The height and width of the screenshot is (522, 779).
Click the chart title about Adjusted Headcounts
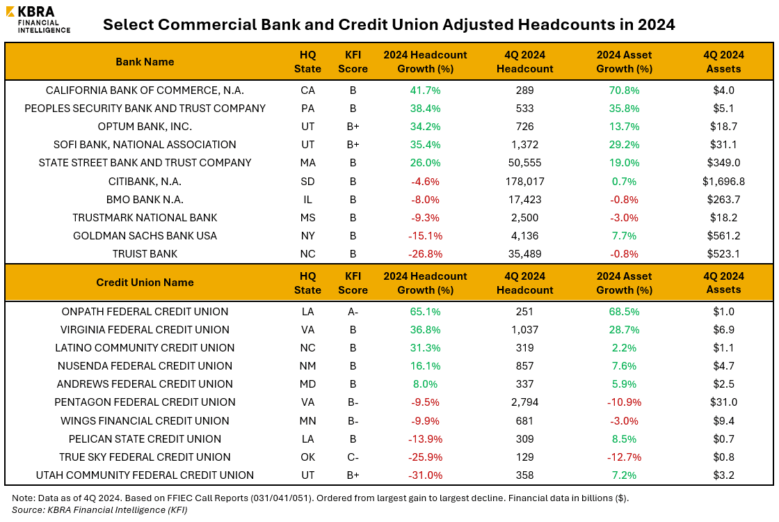(x=389, y=25)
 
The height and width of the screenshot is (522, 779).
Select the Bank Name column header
(x=145, y=62)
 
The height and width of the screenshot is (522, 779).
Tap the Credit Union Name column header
(x=145, y=283)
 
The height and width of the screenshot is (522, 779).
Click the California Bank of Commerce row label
(x=145, y=90)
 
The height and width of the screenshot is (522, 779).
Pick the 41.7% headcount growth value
(x=425, y=90)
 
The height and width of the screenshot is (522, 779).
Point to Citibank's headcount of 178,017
(x=525, y=181)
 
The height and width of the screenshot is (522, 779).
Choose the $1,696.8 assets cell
(x=723, y=181)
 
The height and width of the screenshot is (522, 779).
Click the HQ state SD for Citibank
(x=307, y=181)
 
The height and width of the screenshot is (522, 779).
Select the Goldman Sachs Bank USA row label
(x=145, y=236)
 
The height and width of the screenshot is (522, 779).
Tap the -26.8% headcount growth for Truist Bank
(x=425, y=254)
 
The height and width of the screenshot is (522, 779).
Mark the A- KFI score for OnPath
(x=353, y=312)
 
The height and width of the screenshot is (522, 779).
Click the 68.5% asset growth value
(x=624, y=312)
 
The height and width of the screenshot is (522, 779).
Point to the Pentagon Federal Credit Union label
(x=145, y=402)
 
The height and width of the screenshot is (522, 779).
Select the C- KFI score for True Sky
(x=353, y=457)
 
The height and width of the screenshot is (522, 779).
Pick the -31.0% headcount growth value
(x=425, y=475)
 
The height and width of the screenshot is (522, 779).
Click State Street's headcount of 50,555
(x=525, y=163)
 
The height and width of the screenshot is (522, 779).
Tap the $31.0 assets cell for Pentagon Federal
(x=723, y=402)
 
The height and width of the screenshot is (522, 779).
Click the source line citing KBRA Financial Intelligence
(x=99, y=509)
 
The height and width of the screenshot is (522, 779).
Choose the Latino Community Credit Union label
(x=145, y=348)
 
